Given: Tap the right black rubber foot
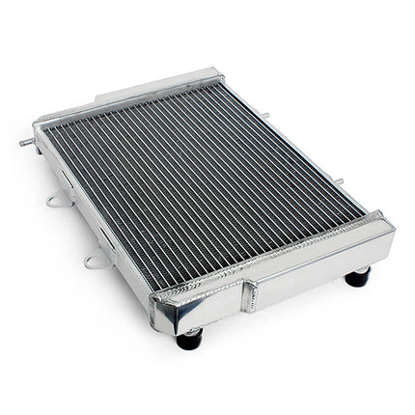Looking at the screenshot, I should (x=357, y=278).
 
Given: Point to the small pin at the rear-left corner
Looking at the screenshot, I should (x=25, y=142).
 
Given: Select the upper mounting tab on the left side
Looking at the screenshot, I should (x=55, y=201).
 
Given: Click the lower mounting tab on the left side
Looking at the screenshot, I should (x=94, y=260).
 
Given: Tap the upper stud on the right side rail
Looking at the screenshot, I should (x=264, y=116).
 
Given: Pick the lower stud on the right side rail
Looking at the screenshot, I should (x=339, y=181).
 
